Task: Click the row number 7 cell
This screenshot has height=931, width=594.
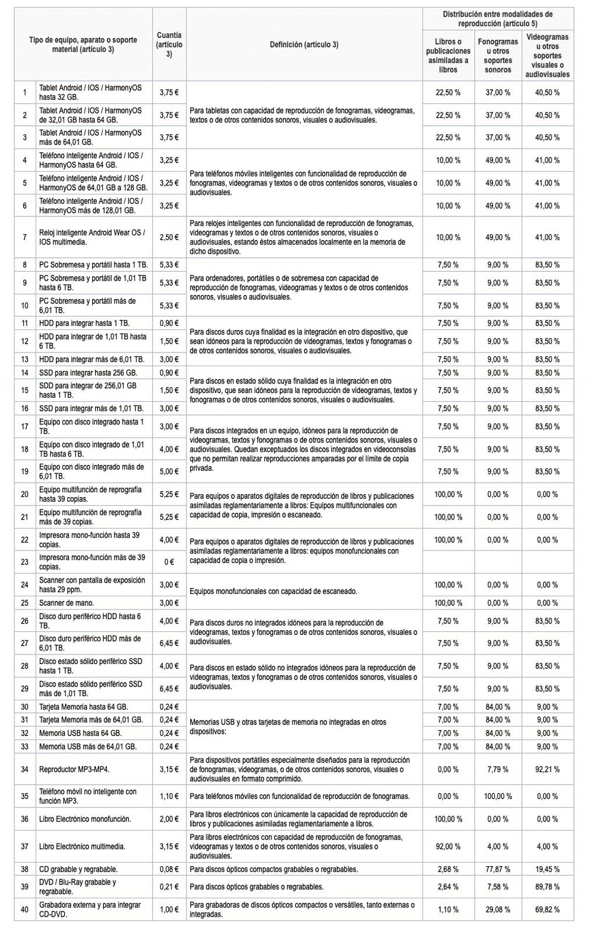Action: (24, 237)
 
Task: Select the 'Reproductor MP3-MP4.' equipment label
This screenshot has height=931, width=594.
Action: (74, 769)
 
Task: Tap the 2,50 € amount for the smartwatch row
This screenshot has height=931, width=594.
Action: (169, 237)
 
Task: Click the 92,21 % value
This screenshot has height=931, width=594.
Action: (547, 769)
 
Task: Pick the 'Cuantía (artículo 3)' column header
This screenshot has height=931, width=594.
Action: (169, 45)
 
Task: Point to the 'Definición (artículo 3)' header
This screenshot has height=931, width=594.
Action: (304, 45)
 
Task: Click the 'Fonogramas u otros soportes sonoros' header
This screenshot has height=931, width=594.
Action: (498, 56)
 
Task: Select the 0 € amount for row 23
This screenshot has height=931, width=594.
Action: (169, 562)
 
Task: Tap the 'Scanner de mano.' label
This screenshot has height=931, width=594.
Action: (67, 603)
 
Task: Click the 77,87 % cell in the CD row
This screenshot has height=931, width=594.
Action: (498, 869)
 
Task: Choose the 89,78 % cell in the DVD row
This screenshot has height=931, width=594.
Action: (547, 887)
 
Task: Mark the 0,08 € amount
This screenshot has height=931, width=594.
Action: (169, 869)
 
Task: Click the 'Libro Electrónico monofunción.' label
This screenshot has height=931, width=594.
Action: (85, 819)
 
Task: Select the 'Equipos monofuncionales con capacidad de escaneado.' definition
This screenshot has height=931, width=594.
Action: (273, 592)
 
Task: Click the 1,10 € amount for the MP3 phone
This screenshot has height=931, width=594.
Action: (169, 796)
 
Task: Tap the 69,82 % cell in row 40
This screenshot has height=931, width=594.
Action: (547, 910)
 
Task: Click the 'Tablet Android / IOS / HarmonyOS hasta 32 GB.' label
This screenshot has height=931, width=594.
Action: (90, 92)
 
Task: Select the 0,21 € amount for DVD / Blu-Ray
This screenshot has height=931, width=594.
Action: (169, 887)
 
